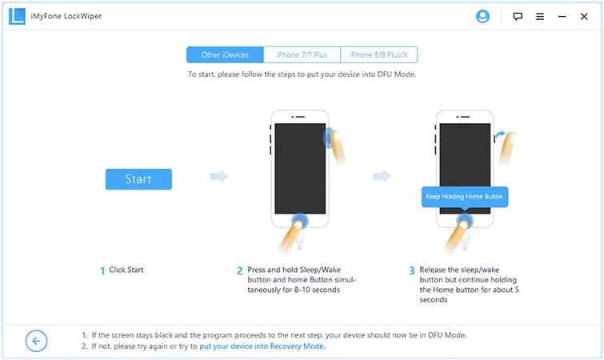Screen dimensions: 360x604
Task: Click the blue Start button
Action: (x=138, y=178)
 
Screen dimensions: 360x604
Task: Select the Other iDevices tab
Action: (x=225, y=55)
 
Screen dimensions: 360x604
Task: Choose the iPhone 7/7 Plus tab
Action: (x=302, y=55)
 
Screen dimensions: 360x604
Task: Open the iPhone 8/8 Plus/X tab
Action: (x=378, y=55)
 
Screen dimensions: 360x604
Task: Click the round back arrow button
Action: (x=37, y=341)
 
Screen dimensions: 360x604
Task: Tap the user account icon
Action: (x=482, y=16)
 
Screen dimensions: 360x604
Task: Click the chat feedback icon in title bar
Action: (x=518, y=16)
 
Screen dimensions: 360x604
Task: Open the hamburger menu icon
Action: (x=540, y=16)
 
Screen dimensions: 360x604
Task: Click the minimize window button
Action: (x=563, y=16)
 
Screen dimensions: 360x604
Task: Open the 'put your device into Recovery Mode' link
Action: (x=262, y=346)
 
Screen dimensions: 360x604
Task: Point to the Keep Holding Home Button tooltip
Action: (x=465, y=197)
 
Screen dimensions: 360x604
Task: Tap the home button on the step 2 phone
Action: (x=300, y=222)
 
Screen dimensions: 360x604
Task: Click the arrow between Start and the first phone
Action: (x=218, y=177)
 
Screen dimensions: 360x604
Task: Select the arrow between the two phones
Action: (x=382, y=177)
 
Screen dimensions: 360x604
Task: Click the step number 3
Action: (x=412, y=270)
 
